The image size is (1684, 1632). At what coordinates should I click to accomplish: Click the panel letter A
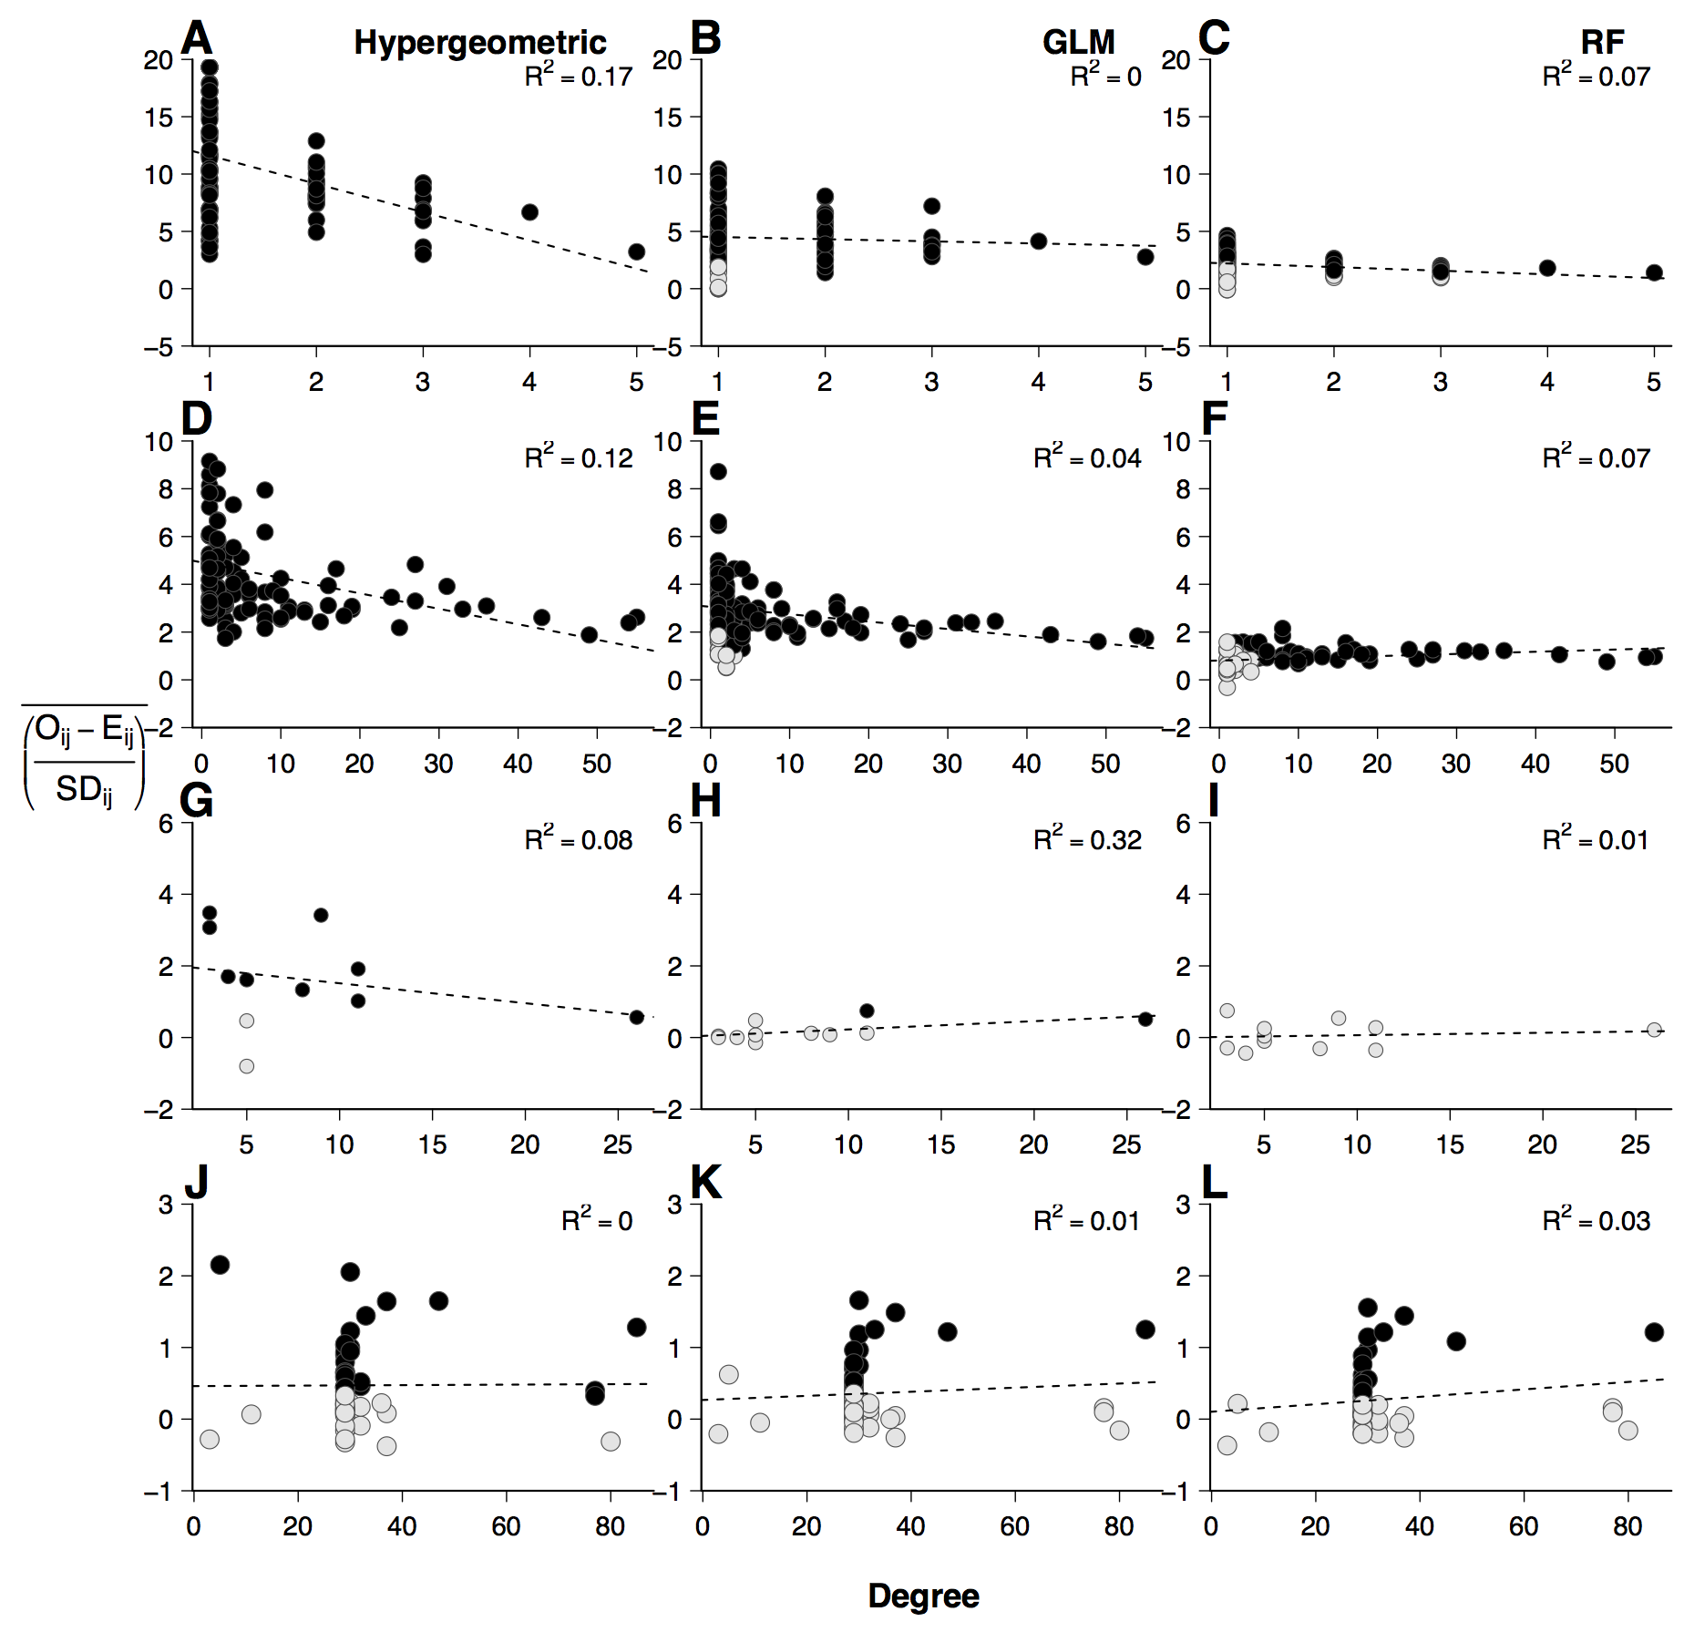[x=197, y=39]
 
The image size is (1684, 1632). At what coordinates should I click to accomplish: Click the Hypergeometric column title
[x=479, y=43]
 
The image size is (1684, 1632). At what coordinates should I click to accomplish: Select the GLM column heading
[x=1078, y=43]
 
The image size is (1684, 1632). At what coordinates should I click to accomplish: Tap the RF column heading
[x=1602, y=43]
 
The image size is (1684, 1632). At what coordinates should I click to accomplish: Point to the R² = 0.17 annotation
[x=579, y=77]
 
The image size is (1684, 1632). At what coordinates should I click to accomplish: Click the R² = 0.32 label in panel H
[x=1087, y=839]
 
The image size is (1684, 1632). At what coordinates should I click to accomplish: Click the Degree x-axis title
[x=923, y=1596]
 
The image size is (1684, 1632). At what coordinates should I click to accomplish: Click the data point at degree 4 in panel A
[x=529, y=212]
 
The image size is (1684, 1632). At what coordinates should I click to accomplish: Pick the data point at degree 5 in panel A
[x=636, y=251]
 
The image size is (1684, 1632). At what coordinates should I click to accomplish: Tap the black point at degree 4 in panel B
[x=1038, y=241]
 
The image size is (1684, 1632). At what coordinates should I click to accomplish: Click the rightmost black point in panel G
[x=636, y=1017]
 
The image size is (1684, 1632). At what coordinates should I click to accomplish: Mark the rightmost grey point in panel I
[x=1654, y=1030]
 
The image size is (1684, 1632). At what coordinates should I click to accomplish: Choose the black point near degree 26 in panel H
[x=1145, y=1019]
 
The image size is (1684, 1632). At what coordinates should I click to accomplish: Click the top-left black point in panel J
[x=220, y=1265]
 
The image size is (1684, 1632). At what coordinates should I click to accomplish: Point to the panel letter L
[x=1215, y=1183]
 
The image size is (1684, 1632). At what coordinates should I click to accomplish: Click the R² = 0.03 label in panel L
[x=1596, y=1221]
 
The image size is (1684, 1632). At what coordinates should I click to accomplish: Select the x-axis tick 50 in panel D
[x=597, y=764]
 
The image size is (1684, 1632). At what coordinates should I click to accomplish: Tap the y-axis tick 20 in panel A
[x=158, y=61]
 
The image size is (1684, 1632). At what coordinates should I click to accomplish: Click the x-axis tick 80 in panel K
[x=1119, y=1526]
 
